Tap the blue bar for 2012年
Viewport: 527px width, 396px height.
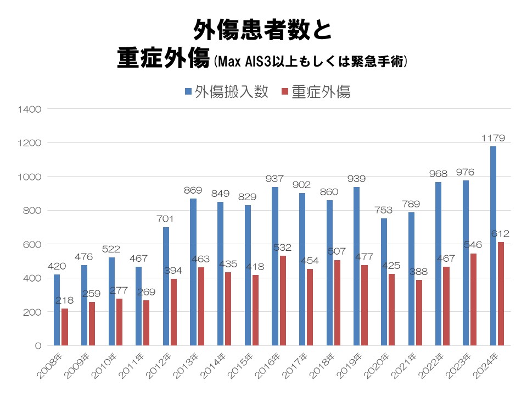(x=166, y=286)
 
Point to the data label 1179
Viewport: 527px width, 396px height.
(x=493, y=138)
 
